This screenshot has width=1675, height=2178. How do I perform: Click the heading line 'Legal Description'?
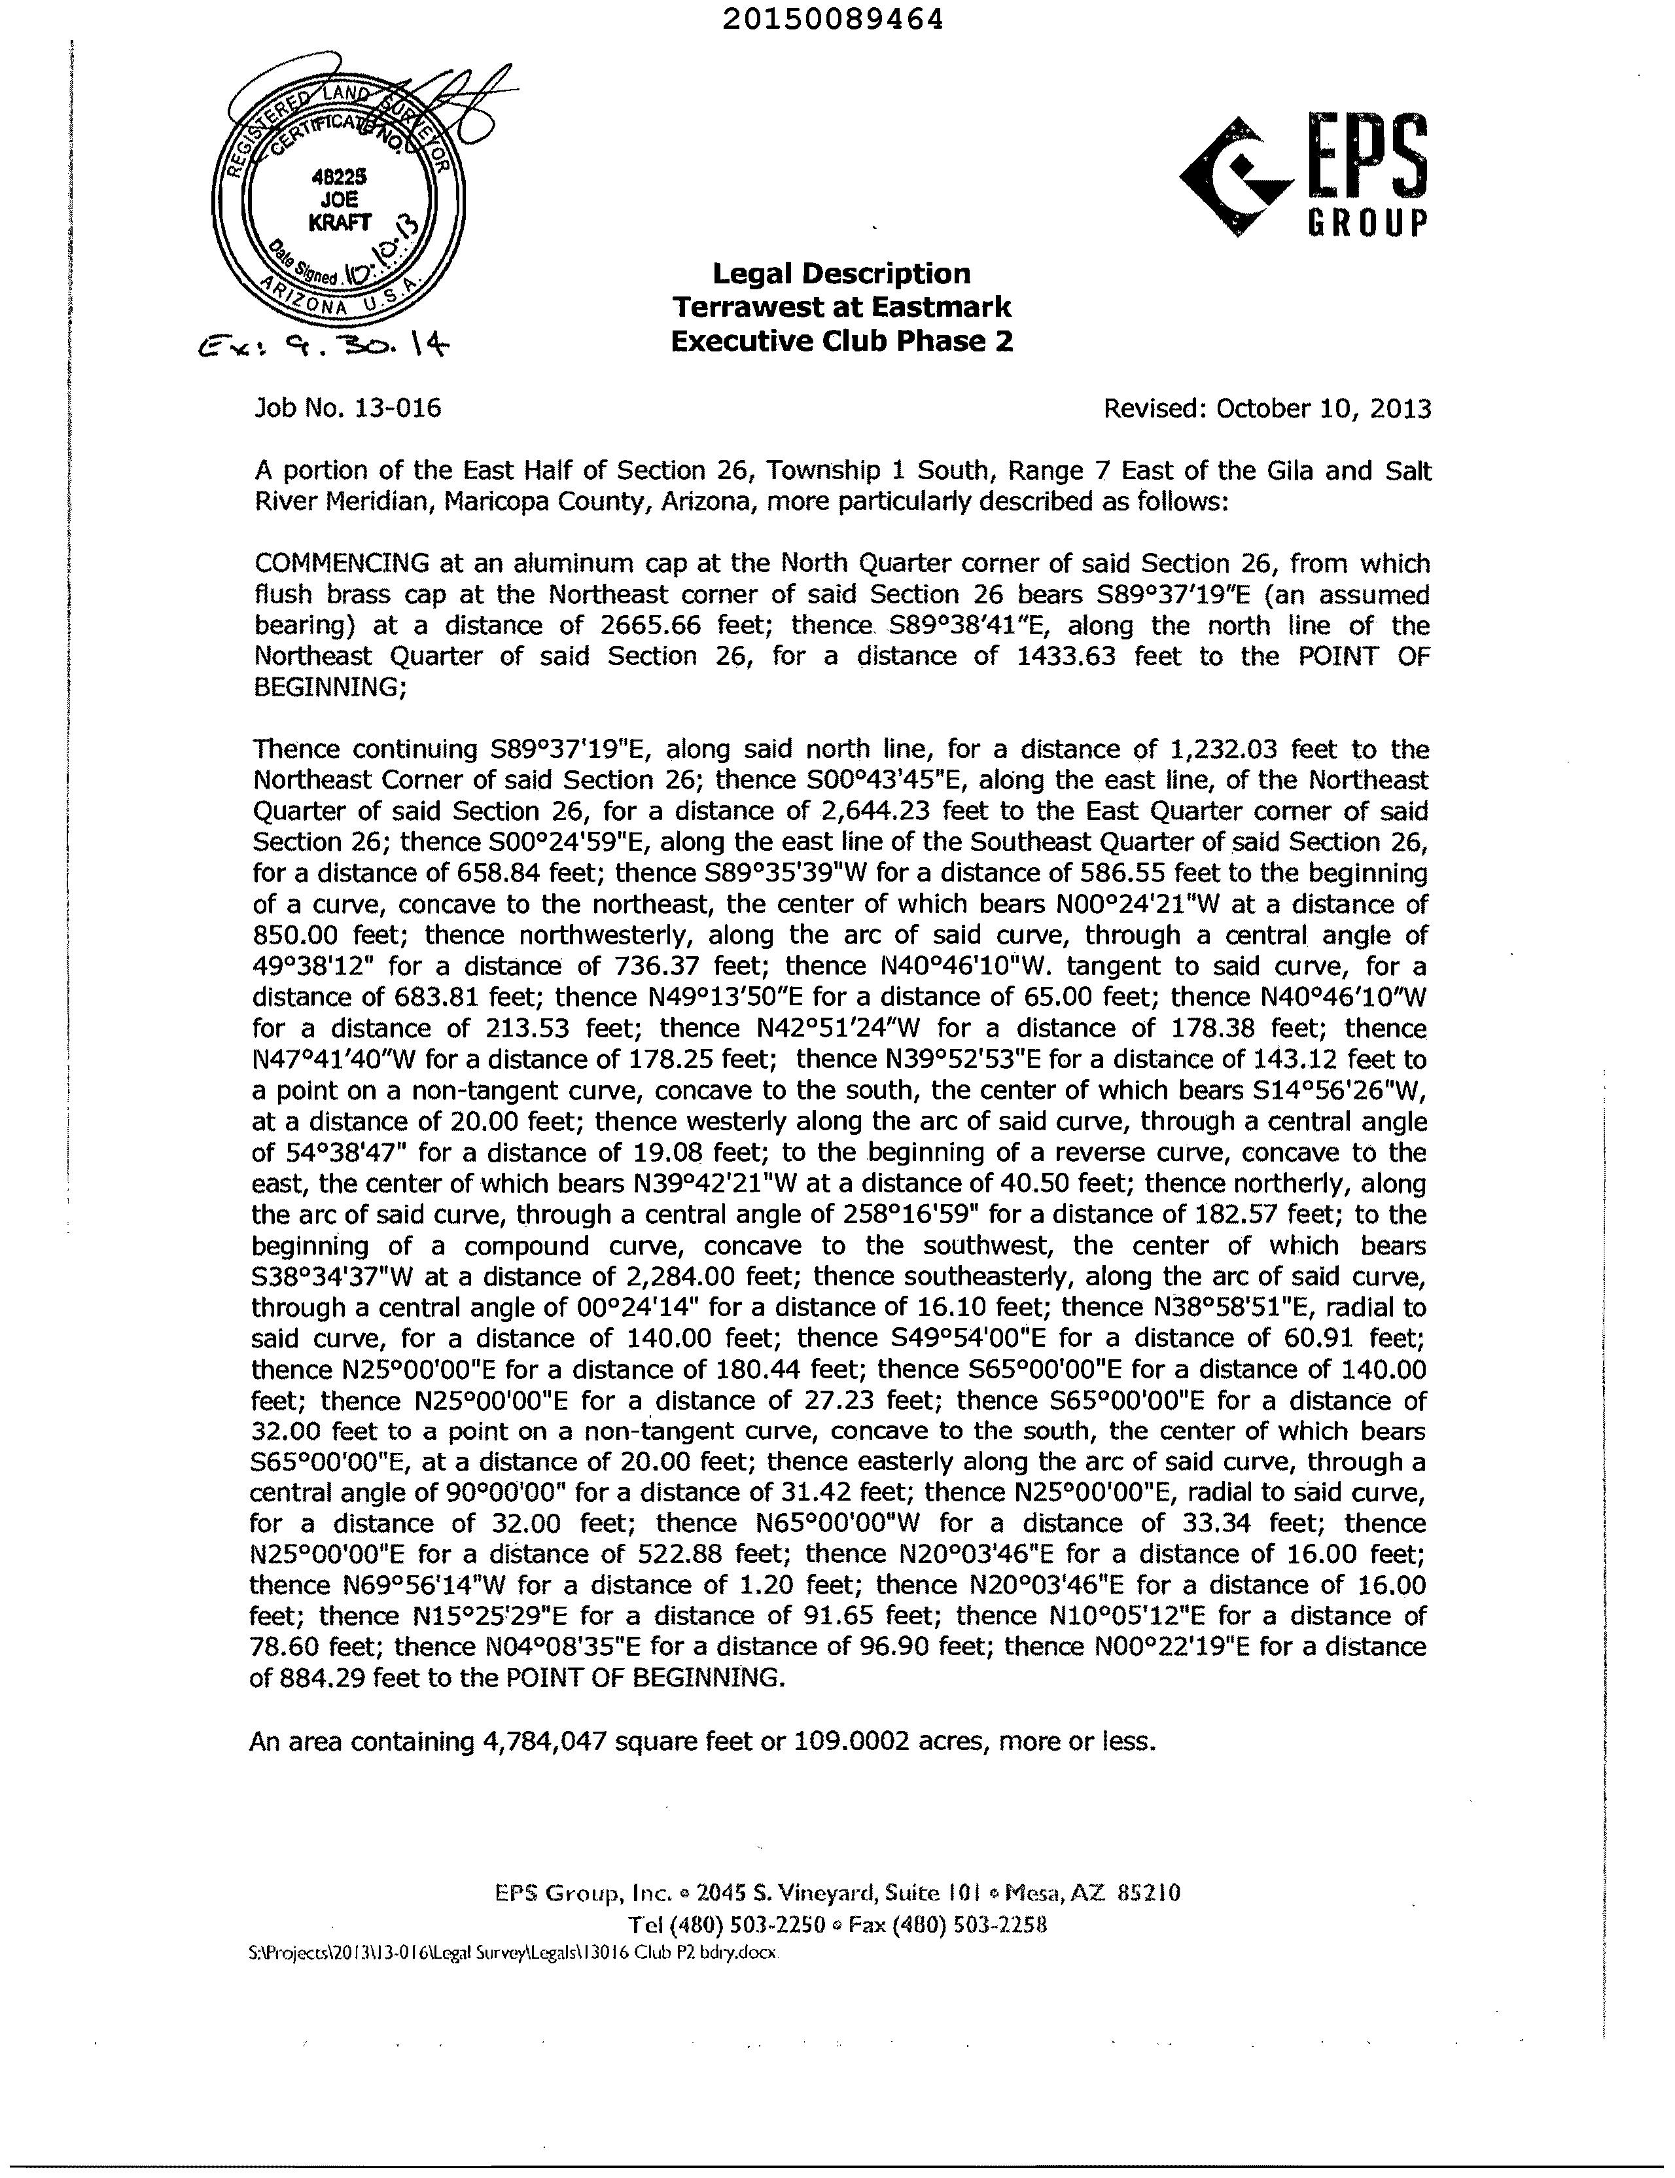coord(841,274)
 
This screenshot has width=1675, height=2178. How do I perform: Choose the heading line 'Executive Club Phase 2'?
coord(841,341)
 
